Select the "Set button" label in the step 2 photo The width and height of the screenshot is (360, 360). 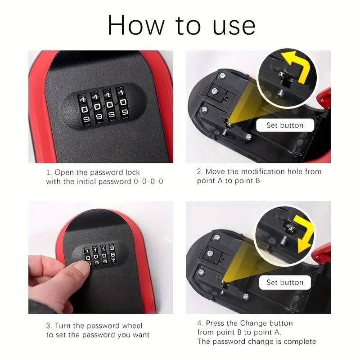pos(285,125)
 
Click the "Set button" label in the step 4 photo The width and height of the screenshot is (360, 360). pos(285,282)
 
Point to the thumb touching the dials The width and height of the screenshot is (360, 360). pos(81,267)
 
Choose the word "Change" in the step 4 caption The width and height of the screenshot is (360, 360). pos(253,323)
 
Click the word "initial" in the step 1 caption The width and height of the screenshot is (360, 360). pos(95,181)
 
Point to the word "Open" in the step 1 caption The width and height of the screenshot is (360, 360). pos(64,172)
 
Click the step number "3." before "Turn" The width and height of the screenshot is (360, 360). pos(49,325)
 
